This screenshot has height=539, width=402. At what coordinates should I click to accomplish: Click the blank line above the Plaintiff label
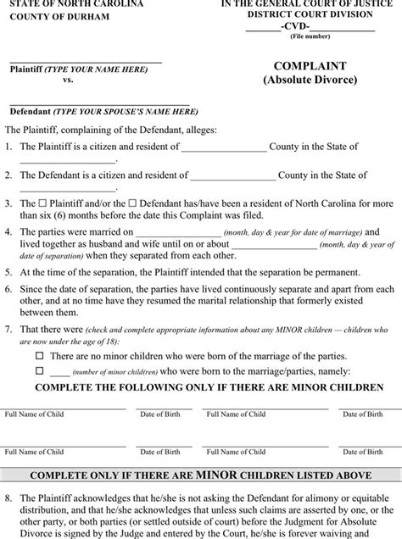[x=85, y=61]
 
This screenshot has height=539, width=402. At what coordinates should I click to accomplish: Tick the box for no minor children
[x=39, y=356]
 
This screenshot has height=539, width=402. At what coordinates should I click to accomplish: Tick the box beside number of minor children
[x=39, y=370]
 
